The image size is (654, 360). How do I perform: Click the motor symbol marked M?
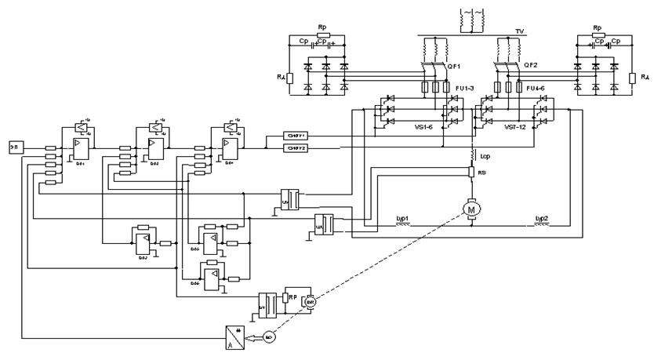point(472,209)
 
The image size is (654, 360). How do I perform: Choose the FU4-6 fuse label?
point(536,87)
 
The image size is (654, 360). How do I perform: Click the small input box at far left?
point(16,147)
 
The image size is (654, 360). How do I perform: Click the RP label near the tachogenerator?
point(293,297)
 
